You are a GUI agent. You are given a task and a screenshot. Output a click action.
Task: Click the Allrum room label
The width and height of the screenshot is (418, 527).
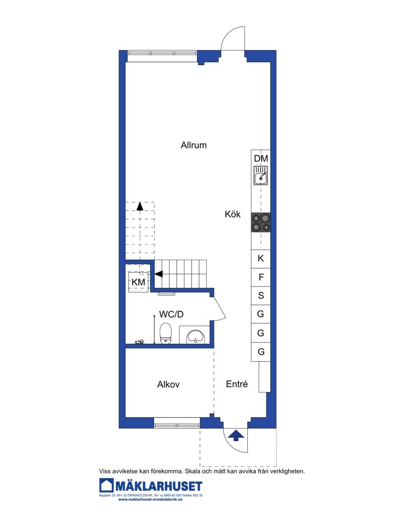click(194, 145)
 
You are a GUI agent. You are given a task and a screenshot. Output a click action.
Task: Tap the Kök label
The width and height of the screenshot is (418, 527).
click(232, 214)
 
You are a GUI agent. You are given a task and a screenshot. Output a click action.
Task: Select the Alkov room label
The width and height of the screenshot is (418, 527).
click(168, 384)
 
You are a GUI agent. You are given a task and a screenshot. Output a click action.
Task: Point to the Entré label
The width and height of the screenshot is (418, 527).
click(237, 384)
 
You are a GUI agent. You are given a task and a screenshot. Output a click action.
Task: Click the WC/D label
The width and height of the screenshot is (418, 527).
click(171, 314)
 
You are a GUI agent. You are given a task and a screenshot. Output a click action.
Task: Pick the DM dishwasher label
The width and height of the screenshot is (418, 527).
click(261, 159)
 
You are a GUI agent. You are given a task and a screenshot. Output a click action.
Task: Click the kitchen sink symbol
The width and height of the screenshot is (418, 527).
click(261, 175)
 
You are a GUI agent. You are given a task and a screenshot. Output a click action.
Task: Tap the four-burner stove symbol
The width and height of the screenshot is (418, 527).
click(261, 222)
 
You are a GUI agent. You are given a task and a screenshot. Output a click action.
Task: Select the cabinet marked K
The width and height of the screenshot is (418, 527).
click(261, 259)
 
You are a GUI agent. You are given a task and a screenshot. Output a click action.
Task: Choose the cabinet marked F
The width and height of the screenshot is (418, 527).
click(261, 277)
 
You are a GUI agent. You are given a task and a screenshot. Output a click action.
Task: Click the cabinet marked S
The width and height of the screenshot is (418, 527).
click(261, 296)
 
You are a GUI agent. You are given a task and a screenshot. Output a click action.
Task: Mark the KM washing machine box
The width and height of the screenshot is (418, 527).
click(138, 282)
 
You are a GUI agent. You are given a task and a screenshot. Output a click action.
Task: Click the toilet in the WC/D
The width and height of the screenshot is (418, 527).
click(166, 333)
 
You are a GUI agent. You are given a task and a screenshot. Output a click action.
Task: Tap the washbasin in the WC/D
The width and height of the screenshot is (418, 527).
click(195, 337)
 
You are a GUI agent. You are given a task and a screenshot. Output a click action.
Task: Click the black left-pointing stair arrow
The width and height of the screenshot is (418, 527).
click(158, 274)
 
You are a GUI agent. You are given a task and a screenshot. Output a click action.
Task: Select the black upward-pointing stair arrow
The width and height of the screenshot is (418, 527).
click(140, 206)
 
